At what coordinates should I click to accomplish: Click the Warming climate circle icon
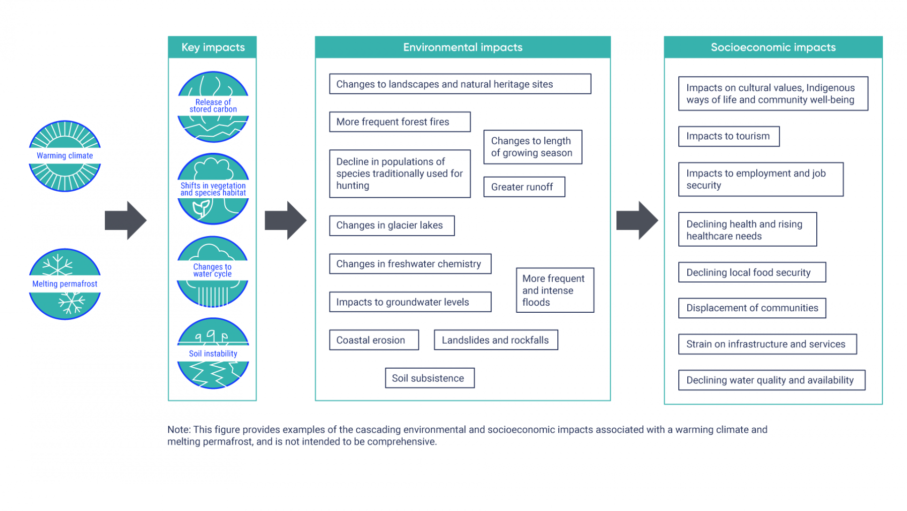(x=65, y=156)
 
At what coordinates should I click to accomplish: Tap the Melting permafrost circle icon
(x=65, y=284)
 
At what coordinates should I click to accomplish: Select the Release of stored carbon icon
(x=213, y=106)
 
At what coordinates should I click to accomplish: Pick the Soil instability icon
(x=213, y=353)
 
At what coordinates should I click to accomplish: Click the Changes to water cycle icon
(x=213, y=271)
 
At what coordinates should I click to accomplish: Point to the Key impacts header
(x=213, y=47)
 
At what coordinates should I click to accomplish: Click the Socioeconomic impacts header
(x=772, y=47)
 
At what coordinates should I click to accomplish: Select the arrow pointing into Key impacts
(x=125, y=220)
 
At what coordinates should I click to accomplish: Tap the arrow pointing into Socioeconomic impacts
(x=637, y=220)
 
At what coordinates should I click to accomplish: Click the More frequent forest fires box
(x=400, y=122)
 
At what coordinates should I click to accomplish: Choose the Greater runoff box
(x=524, y=187)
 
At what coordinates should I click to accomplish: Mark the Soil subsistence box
(x=429, y=378)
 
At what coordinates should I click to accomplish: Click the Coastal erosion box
(x=374, y=340)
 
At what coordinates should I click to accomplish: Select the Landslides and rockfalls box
(x=495, y=340)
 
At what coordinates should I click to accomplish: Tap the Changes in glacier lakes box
(x=392, y=225)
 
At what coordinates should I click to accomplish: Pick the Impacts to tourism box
(x=729, y=136)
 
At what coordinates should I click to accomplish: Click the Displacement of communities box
(x=752, y=308)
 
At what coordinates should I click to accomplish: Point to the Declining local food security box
(x=752, y=272)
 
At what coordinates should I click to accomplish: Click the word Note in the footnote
(x=178, y=430)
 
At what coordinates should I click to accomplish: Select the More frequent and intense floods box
(x=555, y=291)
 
